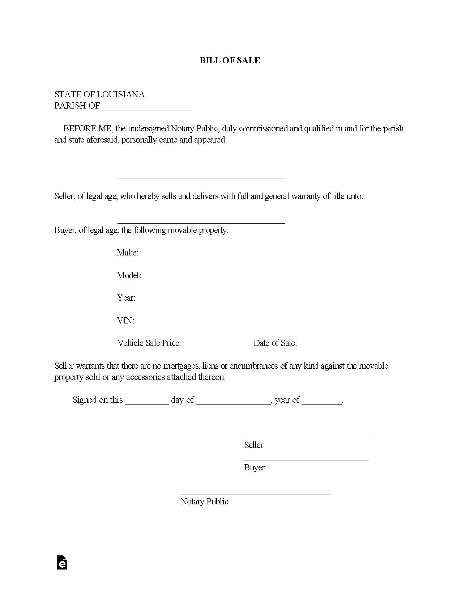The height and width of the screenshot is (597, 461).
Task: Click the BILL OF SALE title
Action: (x=230, y=60)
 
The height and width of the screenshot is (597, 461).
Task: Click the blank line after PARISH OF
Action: (x=147, y=108)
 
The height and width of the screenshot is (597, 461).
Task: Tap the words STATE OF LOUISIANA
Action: (x=99, y=94)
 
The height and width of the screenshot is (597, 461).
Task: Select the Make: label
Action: (x=128, y=253)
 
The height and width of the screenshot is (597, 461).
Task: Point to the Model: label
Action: (x=129, y=275)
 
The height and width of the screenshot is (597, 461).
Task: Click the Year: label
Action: (x=126, y=298)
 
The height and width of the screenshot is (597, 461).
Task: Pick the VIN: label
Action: (x=125, y=321)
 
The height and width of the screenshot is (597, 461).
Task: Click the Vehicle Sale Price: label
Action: (x=149, y=343)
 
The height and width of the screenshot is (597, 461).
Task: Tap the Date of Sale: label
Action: (x=275, y=343)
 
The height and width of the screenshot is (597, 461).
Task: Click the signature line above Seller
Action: (x=305, y=437)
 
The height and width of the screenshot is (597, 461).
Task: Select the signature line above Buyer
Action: (x=305, y=460)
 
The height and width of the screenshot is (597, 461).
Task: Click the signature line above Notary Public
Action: (x=255, y=494)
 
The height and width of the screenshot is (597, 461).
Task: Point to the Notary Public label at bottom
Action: (x=204, y=501)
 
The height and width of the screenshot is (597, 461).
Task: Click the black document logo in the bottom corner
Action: (x=62, y=563)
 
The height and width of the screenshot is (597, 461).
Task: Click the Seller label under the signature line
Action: (x=254, y=445)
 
